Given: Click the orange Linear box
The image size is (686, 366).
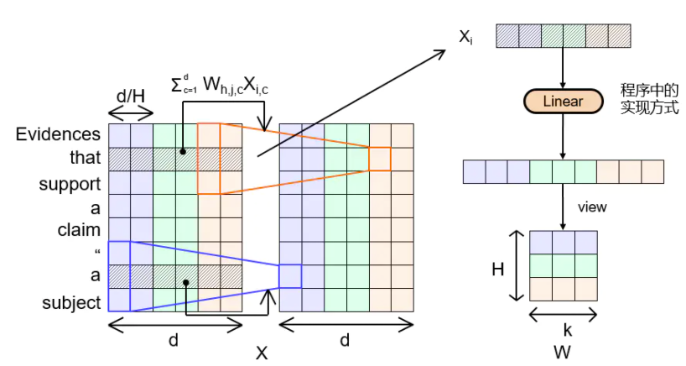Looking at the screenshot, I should pyautogui.click(x=563, y=102).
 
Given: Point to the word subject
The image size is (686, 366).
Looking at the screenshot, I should pyautogui.click(x=71, y=301).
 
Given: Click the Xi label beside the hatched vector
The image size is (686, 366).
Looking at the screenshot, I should pyautogui.click(x=465, y=38).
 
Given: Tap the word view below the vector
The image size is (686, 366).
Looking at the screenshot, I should pyautogui.click(x=592, y=207).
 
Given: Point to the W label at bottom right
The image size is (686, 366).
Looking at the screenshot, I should pyautogui.click(x=563, y=353).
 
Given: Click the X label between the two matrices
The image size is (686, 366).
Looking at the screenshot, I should pyautogui.click(x=262, y=353).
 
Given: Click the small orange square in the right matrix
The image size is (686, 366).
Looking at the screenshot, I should pyautogui.click(x=380, y=158).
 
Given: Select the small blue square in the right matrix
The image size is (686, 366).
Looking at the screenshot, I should pyautogui.click(x=290, y=276).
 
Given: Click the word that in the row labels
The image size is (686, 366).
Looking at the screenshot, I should pyautogui.click(x=86, y=158).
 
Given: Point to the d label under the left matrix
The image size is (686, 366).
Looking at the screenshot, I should pyautogui.click(x=174, y=340).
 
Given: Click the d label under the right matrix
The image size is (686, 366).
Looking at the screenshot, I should pyautogui.click(x=346, y=340).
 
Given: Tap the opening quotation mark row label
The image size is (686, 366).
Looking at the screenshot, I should pyautogui.click(x=97, y=252).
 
